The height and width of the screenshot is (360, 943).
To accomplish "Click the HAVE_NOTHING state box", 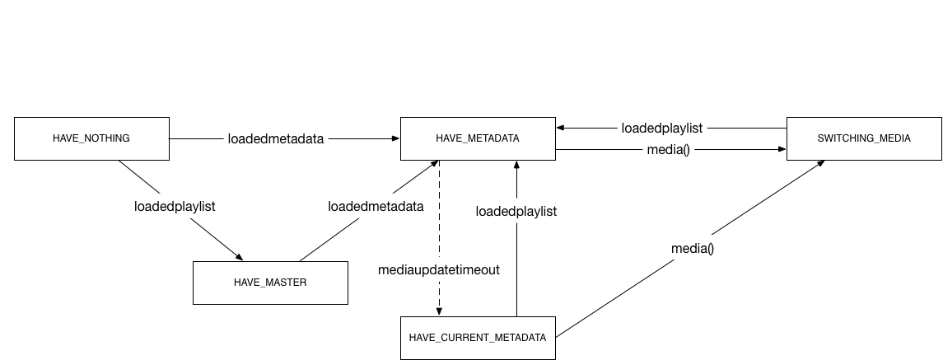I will tap(91, 138).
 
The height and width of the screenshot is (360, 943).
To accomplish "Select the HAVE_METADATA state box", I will tap(478, 138).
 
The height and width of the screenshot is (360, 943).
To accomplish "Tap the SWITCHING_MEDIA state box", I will tap(864, 138).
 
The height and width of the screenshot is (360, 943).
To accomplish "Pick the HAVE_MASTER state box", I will tap(270, 283).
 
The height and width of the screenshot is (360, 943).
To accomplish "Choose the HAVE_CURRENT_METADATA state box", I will tap(478, 338).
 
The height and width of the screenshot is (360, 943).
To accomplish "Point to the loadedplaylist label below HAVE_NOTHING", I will tap(175, 206).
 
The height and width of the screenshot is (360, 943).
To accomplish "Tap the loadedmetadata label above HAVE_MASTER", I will tap(376, 206).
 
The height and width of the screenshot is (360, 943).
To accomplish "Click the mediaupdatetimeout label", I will tap(439, 269).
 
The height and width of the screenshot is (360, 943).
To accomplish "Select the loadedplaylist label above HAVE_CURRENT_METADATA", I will tap(516, 212).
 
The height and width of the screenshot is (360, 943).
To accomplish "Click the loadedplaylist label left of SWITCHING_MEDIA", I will tap(662, 128).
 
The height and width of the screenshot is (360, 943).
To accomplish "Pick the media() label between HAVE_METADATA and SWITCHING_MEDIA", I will tap(669, 150).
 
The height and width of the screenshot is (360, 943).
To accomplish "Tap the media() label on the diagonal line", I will tap(693, 248).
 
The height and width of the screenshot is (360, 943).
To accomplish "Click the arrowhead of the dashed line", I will tap(439, 311).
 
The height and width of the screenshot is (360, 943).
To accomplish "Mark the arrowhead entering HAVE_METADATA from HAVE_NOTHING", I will tap(395, 139).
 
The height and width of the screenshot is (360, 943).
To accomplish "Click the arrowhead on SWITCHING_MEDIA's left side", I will tap(782, 150).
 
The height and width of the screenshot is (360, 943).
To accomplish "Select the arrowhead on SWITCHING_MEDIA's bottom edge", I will tap(821, 163).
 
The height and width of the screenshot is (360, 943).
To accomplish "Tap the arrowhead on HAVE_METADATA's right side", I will tap(561, 128).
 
